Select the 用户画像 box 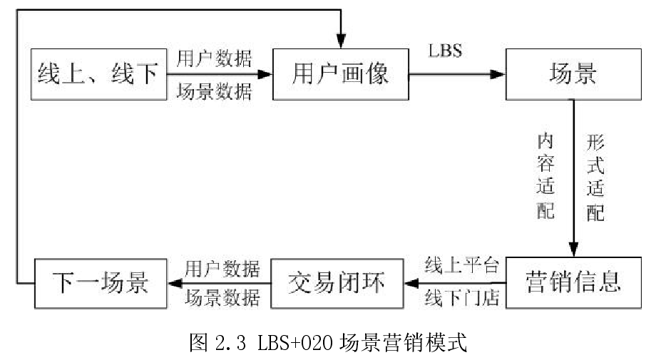pyautogui.click(x=341, y=74)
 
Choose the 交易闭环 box pyautogui.click(x=337, y=283)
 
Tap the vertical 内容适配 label pyautogui.click(x=547, y=174)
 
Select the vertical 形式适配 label pyautogui.click(x=595, y=174)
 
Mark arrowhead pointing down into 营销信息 pyautogui.click(x=573, y=250)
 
